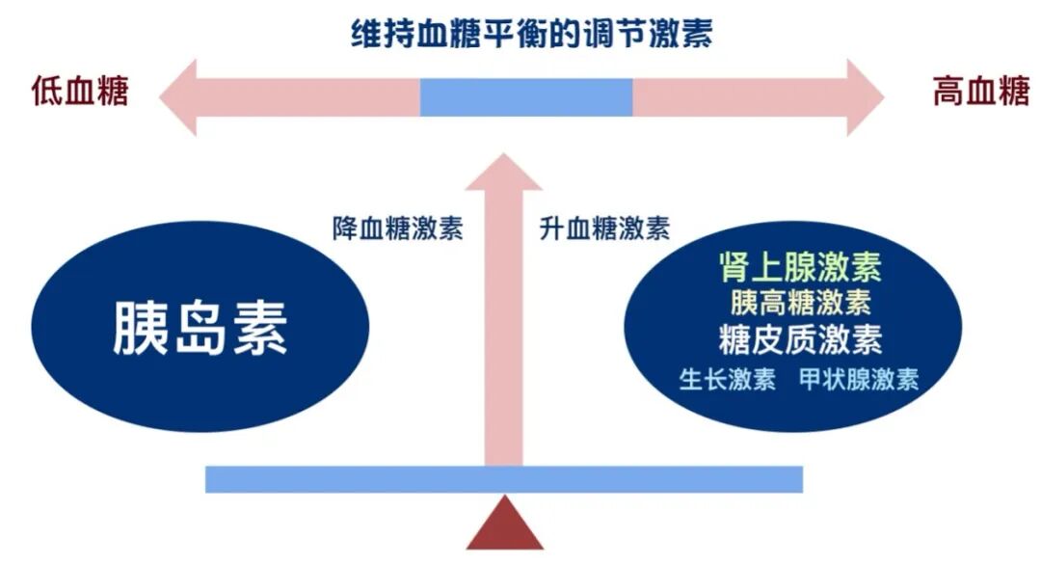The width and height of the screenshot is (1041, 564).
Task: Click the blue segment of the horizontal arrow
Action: click(526, 97)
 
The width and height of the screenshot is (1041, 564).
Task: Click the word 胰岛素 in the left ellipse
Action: click(200, 328)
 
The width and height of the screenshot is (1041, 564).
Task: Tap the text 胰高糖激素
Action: click(800, 303)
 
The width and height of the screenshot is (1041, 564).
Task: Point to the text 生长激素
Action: click(728, 379)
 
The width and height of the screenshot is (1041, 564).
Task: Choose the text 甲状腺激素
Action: click(859, 379)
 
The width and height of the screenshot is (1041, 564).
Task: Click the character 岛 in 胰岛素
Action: click(200, 328)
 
